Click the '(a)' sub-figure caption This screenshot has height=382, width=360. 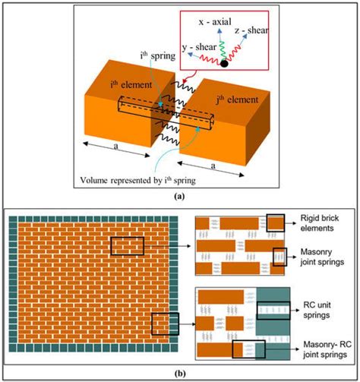tap(179, 196)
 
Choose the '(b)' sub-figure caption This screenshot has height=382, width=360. tap(179, 374)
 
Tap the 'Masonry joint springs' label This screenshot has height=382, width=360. tap(321, 261)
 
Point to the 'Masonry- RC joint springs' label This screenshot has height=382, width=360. tap(322, 348)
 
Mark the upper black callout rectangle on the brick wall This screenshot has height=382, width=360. tap(126, 246)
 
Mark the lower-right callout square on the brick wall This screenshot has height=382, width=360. tap(164, 324)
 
